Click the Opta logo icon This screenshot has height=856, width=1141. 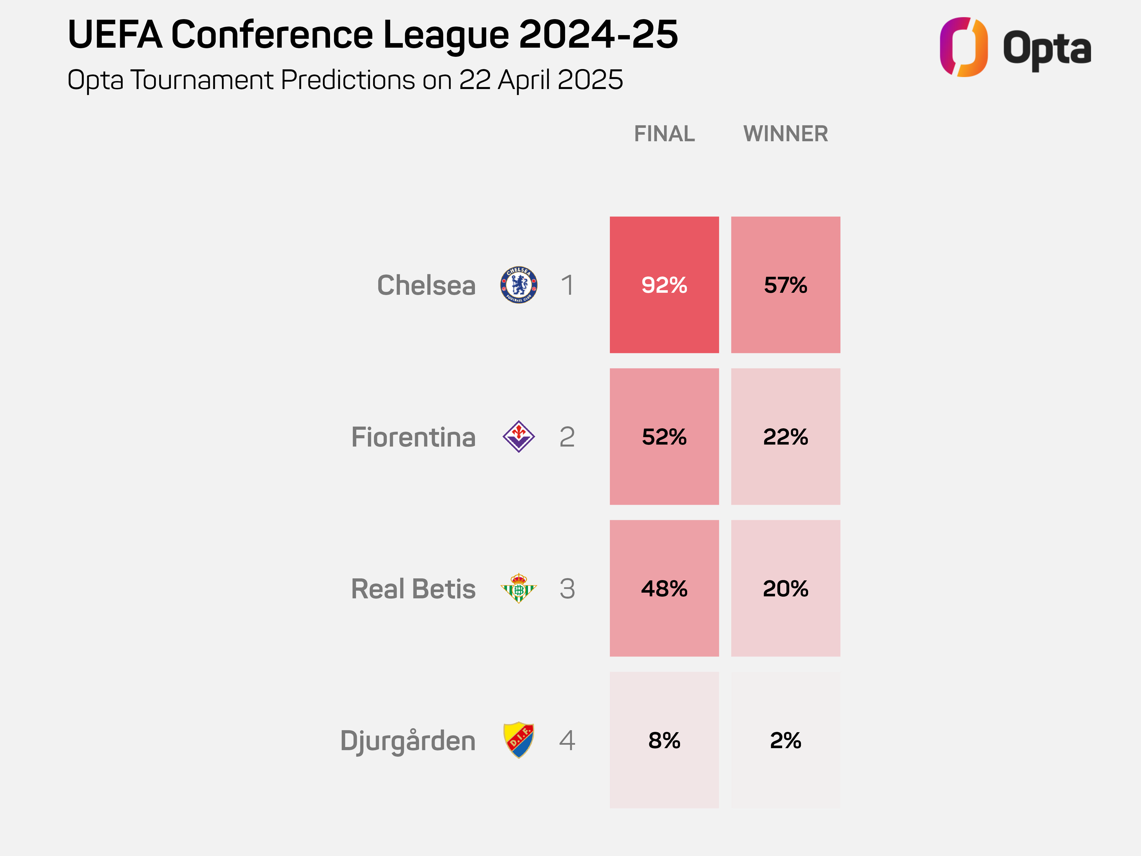pyautogui.click(x=963, y=47)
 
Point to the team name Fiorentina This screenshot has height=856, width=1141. pyautogui.click(x=413, y=437)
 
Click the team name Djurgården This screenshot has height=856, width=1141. pyautogui.click(x=408, y=741)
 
